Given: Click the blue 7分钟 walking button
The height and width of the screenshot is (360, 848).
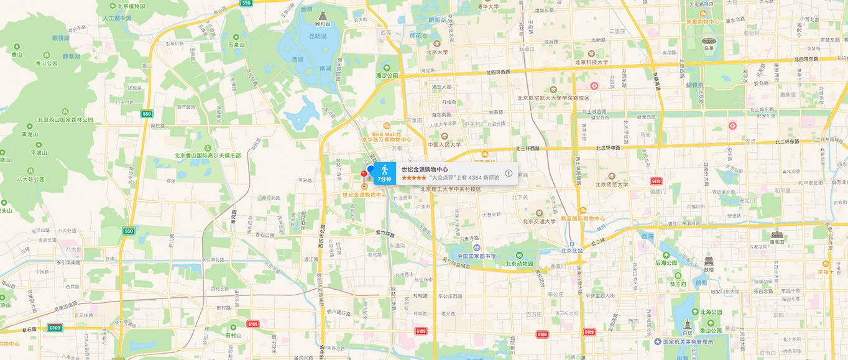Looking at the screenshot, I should [x=384, y=173].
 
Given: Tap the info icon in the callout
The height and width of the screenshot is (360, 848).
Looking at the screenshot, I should [x=509, y=173].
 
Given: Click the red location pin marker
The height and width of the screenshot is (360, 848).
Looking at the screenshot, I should [x=364, y=175].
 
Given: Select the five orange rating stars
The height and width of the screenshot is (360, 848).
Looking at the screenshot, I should [x=413, y=178].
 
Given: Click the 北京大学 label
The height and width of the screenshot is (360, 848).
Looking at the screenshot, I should [x=437, y=52].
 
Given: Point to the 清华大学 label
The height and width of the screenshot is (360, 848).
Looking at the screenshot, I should [x=488, y=7].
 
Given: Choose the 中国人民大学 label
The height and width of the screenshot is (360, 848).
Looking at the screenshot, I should [x=445, y=145].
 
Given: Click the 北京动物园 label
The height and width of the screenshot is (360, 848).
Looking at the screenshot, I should [x=519, y=263].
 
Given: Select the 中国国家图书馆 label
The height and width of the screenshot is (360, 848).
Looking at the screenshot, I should [x=477, y=256].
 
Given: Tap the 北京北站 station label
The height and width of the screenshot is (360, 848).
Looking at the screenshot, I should [x=572, y=251].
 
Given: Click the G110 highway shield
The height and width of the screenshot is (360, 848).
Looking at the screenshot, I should [x=656, y=181].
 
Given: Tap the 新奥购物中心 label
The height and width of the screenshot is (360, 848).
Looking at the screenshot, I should [x=703, y=21].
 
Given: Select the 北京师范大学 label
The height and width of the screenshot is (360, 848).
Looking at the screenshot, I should [x=612, y=184].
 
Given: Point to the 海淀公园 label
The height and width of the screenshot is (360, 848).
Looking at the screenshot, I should [x=387, y=75].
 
